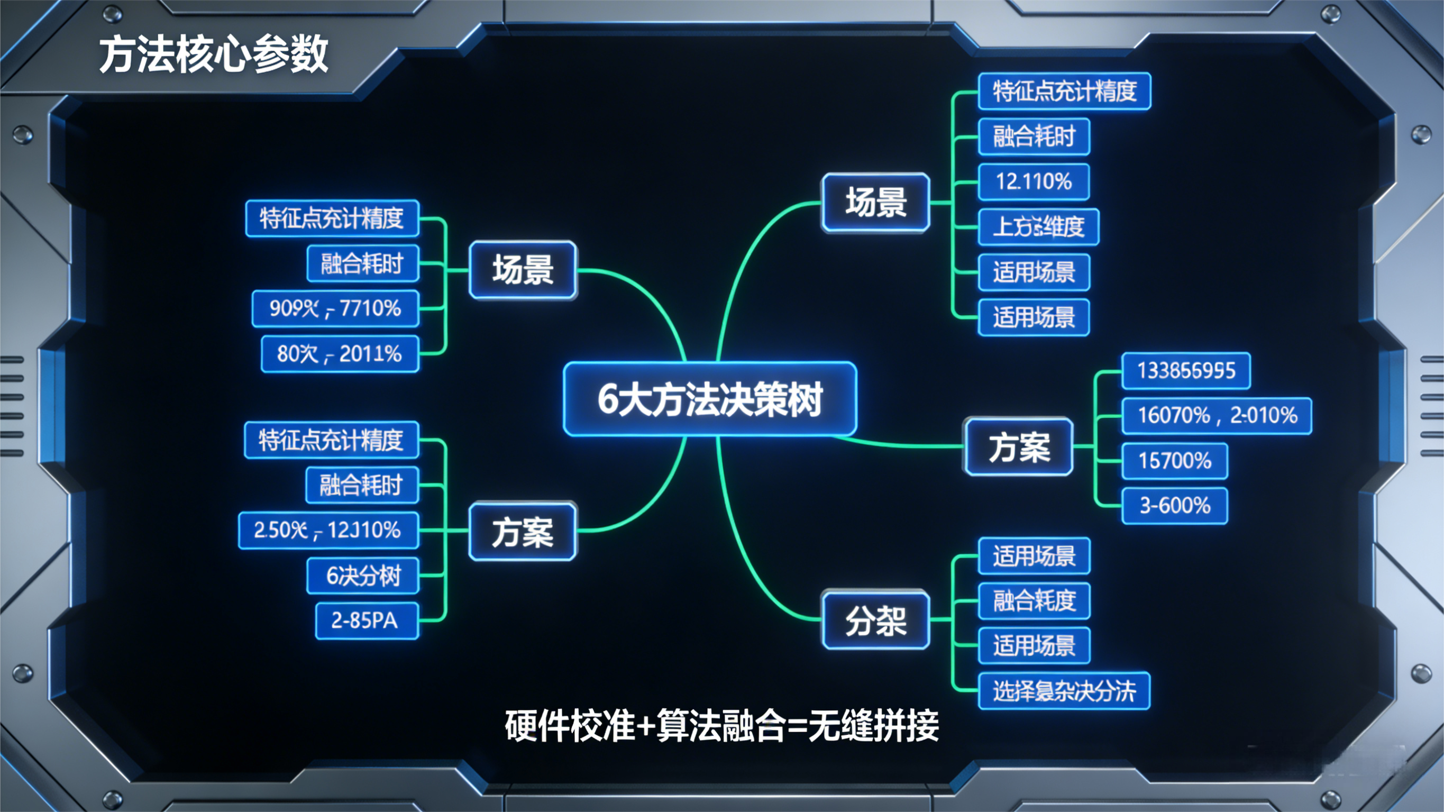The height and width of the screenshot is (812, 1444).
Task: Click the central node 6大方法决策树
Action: click(x=710, y=399)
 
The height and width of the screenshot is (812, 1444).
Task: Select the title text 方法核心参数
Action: click(x=214, y=54)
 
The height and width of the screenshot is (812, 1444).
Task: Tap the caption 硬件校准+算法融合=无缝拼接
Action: click(x=721, y=725)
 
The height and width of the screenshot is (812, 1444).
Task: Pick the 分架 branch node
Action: click(x=875, y=620)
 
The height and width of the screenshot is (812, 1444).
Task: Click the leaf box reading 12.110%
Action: click(x=1034, y=181)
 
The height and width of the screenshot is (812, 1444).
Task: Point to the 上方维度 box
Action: click(x=1038, y=226)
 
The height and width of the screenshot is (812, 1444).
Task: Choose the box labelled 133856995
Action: click(x=1185, y=371)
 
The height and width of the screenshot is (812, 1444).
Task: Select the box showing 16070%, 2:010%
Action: click(x=1217, y=416)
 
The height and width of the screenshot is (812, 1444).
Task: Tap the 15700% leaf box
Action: click(x=1174, y=461)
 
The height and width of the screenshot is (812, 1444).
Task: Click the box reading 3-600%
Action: click(x=1174, y=506)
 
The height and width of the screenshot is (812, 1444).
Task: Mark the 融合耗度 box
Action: click(x=1034, y=600)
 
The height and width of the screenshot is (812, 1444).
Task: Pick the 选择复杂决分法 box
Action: click(x=1063, y=691)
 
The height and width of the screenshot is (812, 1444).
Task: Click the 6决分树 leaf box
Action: click(x=363, y=576)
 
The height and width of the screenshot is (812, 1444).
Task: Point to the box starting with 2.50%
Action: click(x=328, y=531)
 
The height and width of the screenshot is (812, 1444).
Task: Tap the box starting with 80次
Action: click(x=340, y=354)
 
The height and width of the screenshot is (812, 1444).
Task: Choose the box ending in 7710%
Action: click(x=335, y=308)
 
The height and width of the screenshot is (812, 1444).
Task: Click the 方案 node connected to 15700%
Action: click(x=1019, y=447)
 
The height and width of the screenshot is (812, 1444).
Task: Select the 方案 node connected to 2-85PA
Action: click(x=523, y=532)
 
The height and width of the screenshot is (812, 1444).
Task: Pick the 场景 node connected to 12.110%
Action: click(x=875, y=203)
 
